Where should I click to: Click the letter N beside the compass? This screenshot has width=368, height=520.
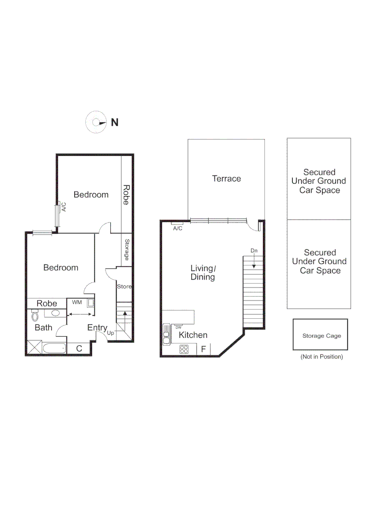[115, 122]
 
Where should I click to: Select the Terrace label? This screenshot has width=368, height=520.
[226, 179]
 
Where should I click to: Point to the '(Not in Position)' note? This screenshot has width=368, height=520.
[321, 357]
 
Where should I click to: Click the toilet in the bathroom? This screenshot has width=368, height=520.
[35, 315]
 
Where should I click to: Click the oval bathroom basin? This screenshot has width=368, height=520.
[55, 313]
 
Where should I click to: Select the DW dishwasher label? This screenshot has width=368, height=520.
[178, 327]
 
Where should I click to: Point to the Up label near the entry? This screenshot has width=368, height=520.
[110, 333]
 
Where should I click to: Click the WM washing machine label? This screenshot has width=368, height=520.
[77, 302]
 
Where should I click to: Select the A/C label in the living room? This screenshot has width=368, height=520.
[177, 228]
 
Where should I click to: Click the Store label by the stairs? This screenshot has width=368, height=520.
[124, 287]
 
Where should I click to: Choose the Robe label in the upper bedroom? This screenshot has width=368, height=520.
[126, 195]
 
